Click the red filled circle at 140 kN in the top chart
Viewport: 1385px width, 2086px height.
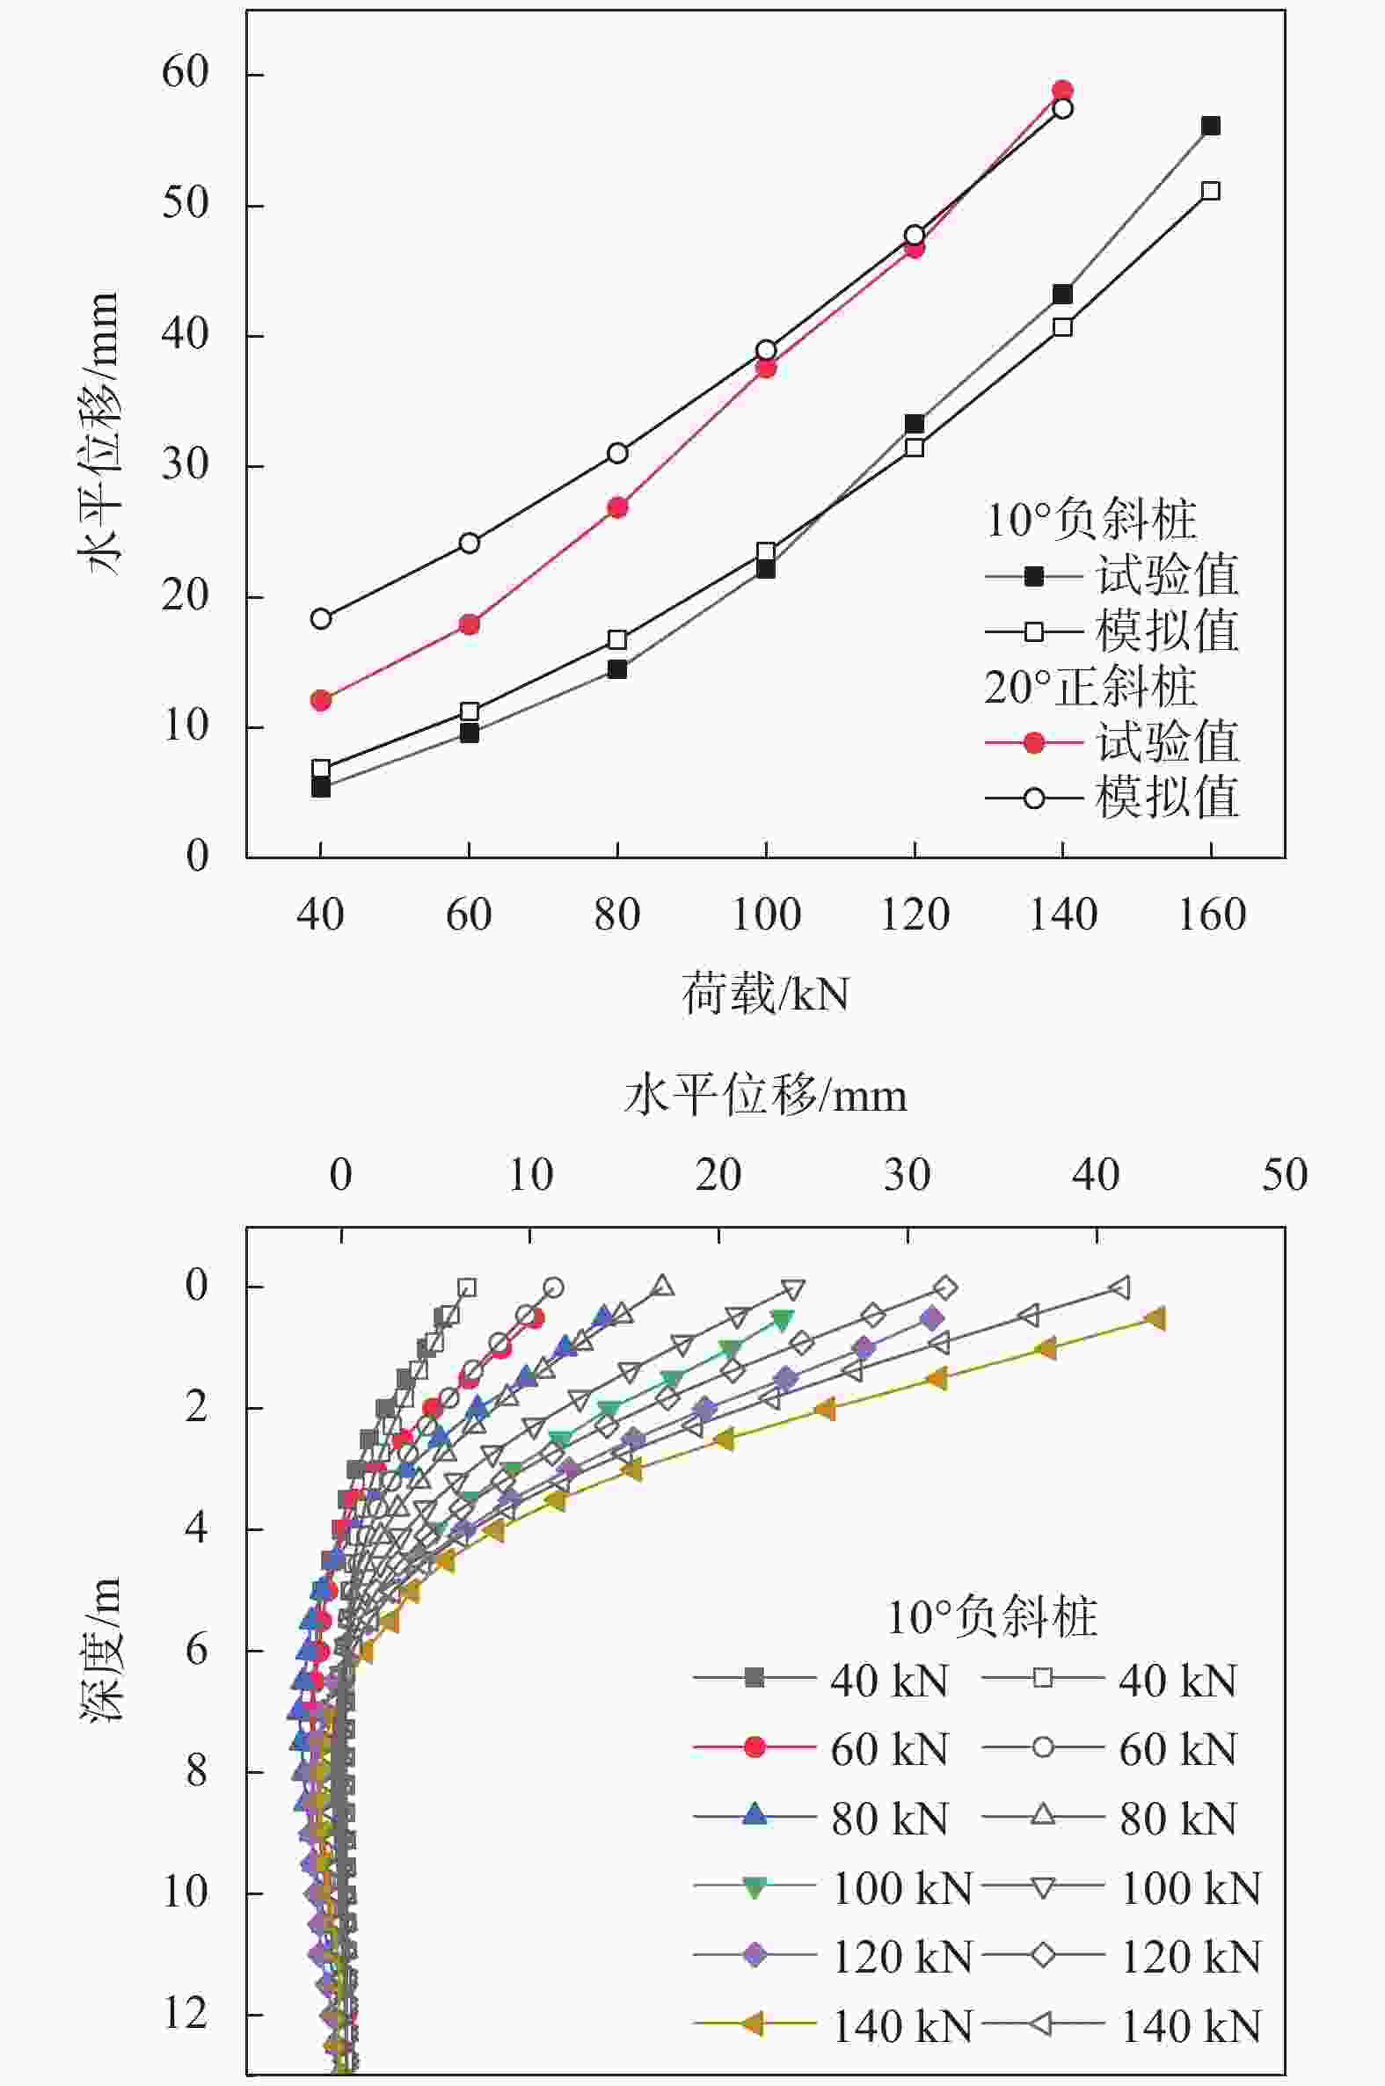pos(1062,90)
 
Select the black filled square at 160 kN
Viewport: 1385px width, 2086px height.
pos(1211,127)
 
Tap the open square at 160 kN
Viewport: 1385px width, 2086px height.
pos(1211,191)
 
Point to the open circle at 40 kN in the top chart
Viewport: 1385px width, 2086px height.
pos(321,618)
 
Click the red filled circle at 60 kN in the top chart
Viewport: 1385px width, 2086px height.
pos(469,624)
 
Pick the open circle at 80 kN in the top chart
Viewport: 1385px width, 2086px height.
pos(617,453)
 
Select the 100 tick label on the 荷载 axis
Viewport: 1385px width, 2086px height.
pos(766,915)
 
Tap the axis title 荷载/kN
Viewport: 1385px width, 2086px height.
pos(765,995)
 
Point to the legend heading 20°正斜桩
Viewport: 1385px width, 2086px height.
pos(1091,687)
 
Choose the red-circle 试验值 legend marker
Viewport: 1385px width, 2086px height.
pos(1033,743)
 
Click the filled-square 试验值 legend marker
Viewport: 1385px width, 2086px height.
pos(1033,577)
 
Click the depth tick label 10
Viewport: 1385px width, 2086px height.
pos(186,1893)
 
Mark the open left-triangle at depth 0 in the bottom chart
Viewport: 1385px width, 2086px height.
pos(1120,1287)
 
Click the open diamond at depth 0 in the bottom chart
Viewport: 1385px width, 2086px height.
pos(946,1287)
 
